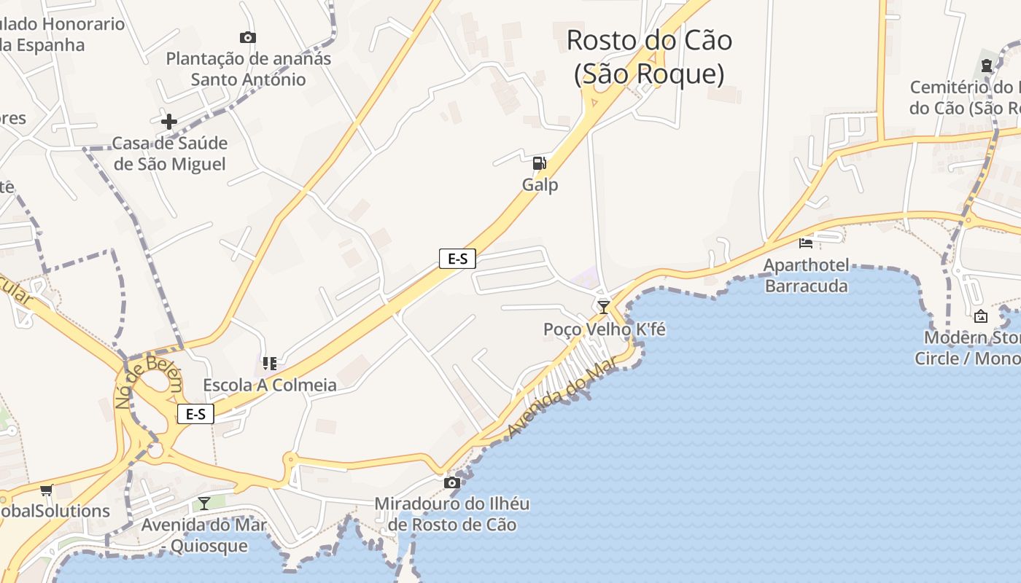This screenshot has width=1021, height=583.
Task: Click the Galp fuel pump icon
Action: pyautogui.click(x=539, y=163)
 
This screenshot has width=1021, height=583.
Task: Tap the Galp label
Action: pyautogui.click(x=540, y=185)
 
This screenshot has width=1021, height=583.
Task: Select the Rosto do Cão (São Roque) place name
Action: pyautogui.click(x=649, y=57)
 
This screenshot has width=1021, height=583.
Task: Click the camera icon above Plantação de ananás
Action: pyautogui.click(x=248, y=37)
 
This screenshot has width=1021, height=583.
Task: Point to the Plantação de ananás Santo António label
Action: pyautogui.click(x=249, y=69)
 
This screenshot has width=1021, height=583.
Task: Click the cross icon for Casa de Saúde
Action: pyautogui.click(x=169, y=122)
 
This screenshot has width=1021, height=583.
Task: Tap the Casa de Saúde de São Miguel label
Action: pyautogui.click(x=170, y=153)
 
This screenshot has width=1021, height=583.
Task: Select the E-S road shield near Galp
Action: pyautogui.click(x=457, y=258)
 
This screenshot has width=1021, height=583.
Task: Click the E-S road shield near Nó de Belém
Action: pyautogui.click(x=195, y=414)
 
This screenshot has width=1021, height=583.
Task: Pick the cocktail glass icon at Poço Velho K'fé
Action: pyautogui.click(x=604, y=307)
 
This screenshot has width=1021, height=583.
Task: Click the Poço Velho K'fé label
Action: pyautogui.click(x=605, y=329)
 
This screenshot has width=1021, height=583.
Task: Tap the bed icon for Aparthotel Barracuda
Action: pyautogui.click(x=806, y=243)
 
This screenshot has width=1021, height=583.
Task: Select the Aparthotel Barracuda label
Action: pyautogui.click(x=806, y=275)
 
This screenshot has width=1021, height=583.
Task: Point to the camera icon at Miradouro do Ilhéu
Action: pyautogui.click(x=452, y=482)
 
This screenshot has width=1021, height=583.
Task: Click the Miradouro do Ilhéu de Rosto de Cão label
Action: pyautogui.click(x=452, y=514)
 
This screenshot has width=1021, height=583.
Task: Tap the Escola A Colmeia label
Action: pyautogui.click(x=270, y=385)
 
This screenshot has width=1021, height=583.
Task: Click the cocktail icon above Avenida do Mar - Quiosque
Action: pyautogui.click(x=204, y=503)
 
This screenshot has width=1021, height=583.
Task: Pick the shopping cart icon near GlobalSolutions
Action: pyautogui.click(x=47, y=490)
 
